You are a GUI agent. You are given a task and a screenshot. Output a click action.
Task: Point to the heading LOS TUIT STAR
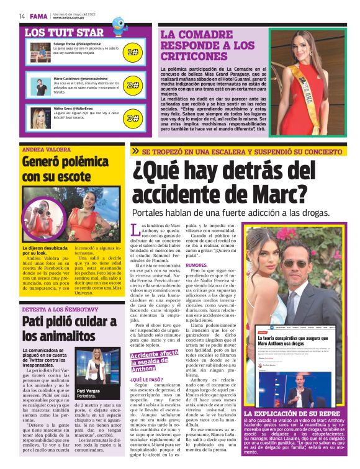(64, 32)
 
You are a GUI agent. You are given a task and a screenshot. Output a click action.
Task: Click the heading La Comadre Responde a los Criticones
(207, 46)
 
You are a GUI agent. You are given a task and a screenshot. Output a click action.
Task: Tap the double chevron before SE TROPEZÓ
(135, 151)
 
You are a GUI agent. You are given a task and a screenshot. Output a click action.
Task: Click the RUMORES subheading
(196, 265)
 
